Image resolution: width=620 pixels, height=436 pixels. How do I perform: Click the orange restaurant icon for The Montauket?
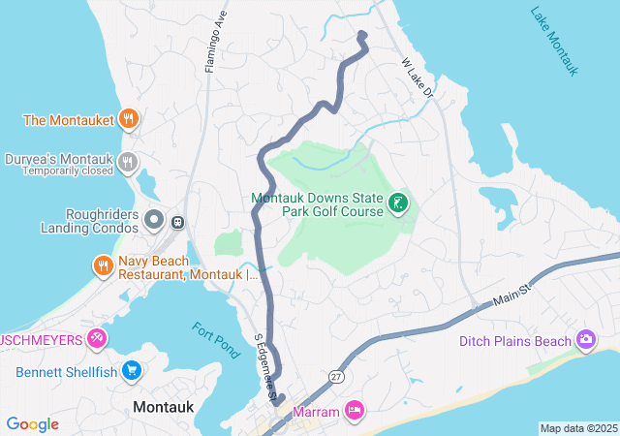click(128, 119)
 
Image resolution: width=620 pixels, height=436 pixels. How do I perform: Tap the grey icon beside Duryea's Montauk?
click(127, 162)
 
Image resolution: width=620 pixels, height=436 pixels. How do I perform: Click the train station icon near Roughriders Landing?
click(178, 222)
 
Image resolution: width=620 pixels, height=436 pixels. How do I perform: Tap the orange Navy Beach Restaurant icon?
click(103, 265)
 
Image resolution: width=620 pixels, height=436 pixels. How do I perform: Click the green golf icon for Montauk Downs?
click(396, 203)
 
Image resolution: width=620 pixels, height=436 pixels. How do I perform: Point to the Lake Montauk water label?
click(554, 42)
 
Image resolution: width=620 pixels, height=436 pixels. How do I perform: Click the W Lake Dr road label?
click(418, 78)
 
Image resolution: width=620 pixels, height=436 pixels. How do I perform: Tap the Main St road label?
click(512, 293)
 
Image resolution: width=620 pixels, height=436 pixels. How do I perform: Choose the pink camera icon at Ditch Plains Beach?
click(585, 339)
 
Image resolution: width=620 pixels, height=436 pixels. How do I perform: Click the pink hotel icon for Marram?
click(355, 411)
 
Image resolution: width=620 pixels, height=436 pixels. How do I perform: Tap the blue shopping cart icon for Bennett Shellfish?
click(132, 370)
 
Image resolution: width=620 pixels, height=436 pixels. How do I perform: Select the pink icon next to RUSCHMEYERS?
click(97, 338)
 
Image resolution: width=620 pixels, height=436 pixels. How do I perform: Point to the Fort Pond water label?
click(215, 340)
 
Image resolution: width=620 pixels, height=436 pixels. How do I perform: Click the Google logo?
click(33, 423)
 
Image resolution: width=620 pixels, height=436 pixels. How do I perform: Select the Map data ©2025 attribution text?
click(577, 428)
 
